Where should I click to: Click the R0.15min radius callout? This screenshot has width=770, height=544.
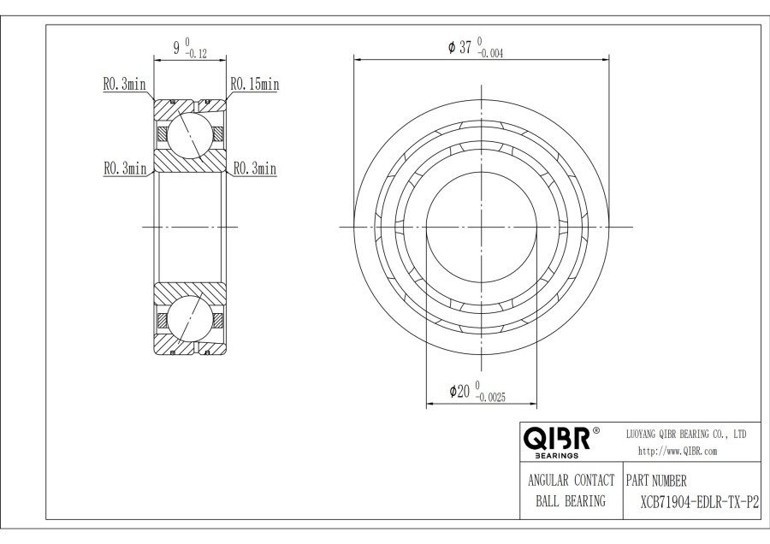pyautogui.click(x=254, y=85)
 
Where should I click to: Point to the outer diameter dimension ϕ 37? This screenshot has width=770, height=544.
pyautogui.click(x=460, y=48)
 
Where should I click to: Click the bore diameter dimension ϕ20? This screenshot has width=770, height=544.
pyautogui.click(x=459, y=391)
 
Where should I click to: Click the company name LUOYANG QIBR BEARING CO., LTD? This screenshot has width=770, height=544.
pyautogui.click(x=688, y=435)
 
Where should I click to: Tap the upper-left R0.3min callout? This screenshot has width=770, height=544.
pyautogui.click(x=125, y=85)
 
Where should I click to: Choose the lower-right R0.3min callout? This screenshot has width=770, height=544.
pyautogui.click(x=254, y=169)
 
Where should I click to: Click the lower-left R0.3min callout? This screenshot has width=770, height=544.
pyautogui.click(x=125, y=169)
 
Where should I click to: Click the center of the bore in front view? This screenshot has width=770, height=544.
pyautogui.click(x=482, y=227)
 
